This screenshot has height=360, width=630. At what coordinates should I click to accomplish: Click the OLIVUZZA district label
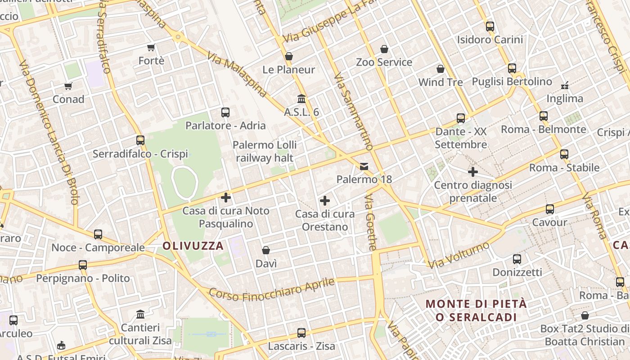coord(193,246)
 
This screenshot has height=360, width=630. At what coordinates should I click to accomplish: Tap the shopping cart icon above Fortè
coord(151,47)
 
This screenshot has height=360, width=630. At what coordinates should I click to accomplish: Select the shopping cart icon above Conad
coord(68,86)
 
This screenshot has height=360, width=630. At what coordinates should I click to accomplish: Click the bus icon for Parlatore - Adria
coord(225,112)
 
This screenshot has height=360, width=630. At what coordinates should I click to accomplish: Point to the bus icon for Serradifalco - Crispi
coord(140,140)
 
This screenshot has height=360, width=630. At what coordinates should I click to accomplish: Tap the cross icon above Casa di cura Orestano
coord(325,201)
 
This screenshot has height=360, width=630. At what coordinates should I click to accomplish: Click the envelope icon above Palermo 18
coord(364,166)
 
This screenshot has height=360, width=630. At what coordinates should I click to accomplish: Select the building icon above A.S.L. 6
coord(301,99)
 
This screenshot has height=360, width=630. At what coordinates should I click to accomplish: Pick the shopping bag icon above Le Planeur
coord(289,56)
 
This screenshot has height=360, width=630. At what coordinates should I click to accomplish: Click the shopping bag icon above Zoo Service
coord(384,49)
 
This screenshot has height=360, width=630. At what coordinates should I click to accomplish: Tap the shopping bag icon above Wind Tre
coord(441,69)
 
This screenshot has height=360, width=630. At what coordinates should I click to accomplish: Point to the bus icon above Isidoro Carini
coord(490,26)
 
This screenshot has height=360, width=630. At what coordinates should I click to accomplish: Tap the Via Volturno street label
coord(459,255)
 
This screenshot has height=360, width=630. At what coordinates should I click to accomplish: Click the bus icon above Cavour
coord(550,209)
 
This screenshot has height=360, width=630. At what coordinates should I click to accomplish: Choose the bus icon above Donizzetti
coord(517,259)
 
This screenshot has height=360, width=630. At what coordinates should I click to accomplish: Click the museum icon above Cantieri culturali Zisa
coord(140,314)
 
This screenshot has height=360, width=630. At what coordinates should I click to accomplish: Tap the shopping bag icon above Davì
coord(266,250)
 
